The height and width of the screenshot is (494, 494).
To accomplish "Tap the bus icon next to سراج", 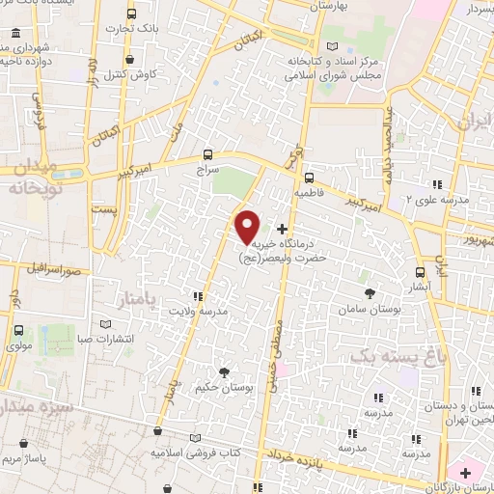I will click(208, 153).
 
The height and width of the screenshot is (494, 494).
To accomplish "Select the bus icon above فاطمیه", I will click(309, 177).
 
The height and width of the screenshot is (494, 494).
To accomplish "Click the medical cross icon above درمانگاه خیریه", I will click(282, 230).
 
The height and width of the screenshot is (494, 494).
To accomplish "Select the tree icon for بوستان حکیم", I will click(225, 371).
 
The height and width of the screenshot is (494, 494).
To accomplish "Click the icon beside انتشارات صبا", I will click(105, 323).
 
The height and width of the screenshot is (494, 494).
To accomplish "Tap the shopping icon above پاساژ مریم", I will click(23, 444).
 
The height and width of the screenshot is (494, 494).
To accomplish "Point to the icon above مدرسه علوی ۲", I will click(436, 183).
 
